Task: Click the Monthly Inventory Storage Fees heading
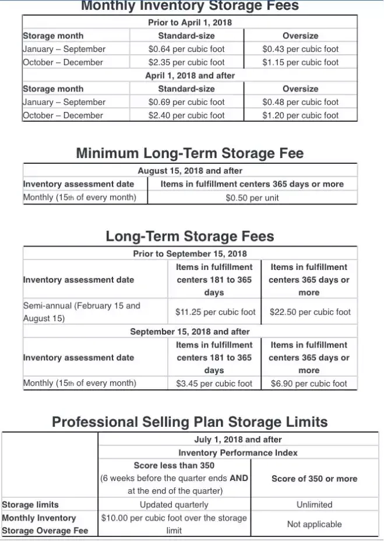tap(189, 6)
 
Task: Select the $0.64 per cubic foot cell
tap(186, 49)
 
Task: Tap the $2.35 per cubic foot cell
tap(186, 62)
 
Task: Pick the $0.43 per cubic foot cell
tap(300, 49)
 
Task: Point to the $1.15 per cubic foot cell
tap(300, 62)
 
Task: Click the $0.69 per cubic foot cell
tap(186, 102)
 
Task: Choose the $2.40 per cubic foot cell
tap(186, 115)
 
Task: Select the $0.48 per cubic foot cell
tap(300, 102)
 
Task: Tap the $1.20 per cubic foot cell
tap(300, 115)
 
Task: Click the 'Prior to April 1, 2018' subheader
tap(189, 23)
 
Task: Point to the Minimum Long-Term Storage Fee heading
tap(189, 153)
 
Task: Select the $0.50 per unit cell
tap(252, 198)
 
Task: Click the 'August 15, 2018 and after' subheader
tap(189, 171)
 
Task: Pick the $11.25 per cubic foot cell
tap(215, 312)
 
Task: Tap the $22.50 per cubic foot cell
tap(310, 312)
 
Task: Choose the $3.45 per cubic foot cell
tap(214, 384)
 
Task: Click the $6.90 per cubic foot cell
tap(309, 384)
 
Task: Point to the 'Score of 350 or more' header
tap(314, 479)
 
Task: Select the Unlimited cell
tap(314, 505)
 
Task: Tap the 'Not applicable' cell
tap(314, 524)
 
